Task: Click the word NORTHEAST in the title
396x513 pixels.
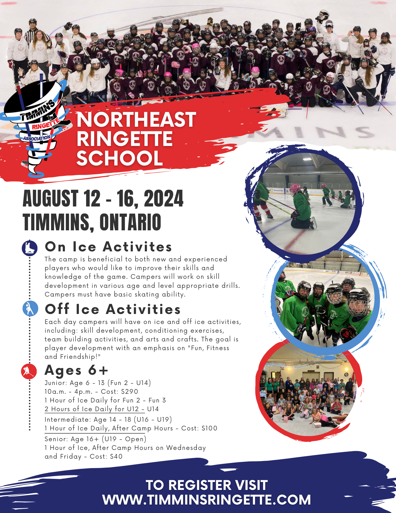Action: pyautogui.click(x=136, y=120)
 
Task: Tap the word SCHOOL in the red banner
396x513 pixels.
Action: pyautogui.click(x=119, y=158)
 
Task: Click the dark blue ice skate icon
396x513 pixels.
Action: pyautogui.click(x=30, y=248)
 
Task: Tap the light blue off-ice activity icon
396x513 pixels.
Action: pyautogui.click(x=30, y=308)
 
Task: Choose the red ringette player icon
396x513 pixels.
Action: pyautogui.click(x=29, y=371)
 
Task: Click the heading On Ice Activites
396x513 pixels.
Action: pyautogui.click(x=108, y=247)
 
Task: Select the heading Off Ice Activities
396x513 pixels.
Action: pyautogui.click(x=113, y=309)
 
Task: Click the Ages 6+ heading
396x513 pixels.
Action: pyautogui.click(x=76, y=370)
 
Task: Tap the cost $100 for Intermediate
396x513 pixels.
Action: pyautogui.click(x=209, y=428)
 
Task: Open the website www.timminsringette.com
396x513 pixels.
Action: pyautogui.click(x=207, y=500)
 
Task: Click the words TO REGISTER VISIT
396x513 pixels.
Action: pyautogui.click(x=207, y=485)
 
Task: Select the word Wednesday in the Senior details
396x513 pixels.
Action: pyautogui.click(x=186, y=448)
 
